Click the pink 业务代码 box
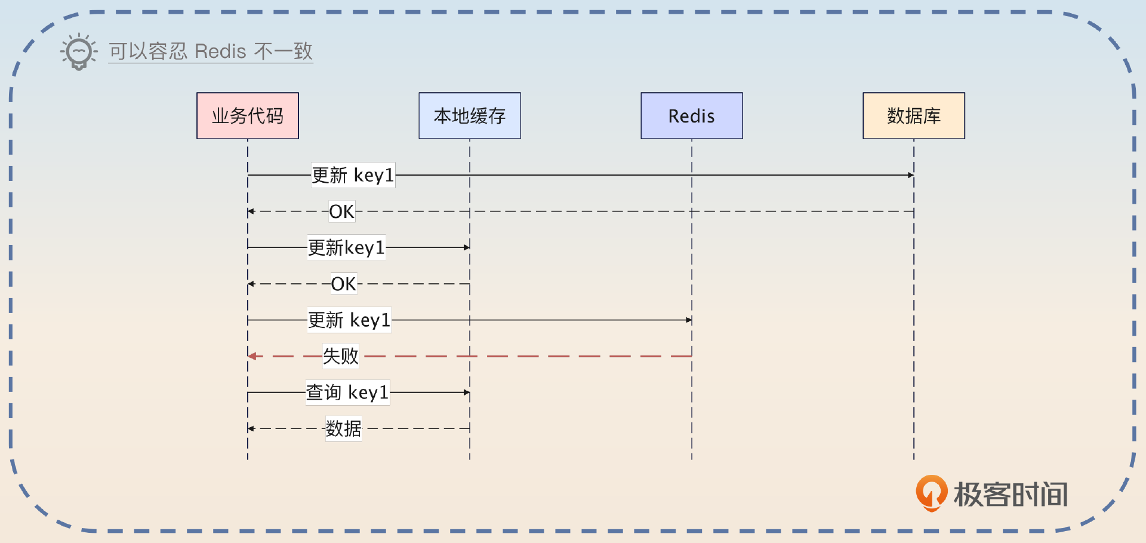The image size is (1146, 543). (x=248, y=116)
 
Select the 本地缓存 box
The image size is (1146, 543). (x=470, y=116)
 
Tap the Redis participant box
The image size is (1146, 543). (x=692, y=116)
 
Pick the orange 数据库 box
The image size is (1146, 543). (x=914, y=116)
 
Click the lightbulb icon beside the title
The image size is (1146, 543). (x=79, y=51)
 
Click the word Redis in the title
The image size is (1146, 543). (x=220, y=51)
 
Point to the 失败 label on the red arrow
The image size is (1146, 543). (x=341, y=356)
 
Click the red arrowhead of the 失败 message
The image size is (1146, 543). (x=252, y=356)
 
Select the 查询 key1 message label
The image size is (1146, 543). (x=347, y=392)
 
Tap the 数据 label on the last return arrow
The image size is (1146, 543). (x=343, y=429)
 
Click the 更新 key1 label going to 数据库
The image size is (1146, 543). (x=353, y=175)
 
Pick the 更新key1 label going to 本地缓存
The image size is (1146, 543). (x=346, y=247)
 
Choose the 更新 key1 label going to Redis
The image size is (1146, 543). (x=349, y=320)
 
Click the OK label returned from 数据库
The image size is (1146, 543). (x=341, y=211)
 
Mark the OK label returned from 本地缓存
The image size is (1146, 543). (x=343, y=284)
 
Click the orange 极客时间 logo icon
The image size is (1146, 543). (x=931, y=493)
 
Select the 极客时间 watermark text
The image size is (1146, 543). (x=1011, y=495)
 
